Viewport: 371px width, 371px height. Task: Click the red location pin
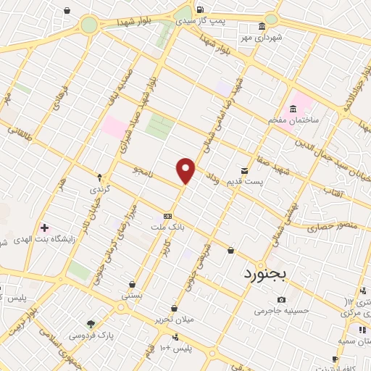tap(186, 170)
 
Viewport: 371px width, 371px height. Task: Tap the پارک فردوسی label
tap(91, 335)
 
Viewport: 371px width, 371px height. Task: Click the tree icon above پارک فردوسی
tap(91, 324)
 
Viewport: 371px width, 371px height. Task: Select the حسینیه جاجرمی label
tap(282, 311)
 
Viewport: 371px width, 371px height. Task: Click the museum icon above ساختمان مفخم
tap(293, 109)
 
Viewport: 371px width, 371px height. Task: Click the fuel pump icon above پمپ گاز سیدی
tap(199, 9)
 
